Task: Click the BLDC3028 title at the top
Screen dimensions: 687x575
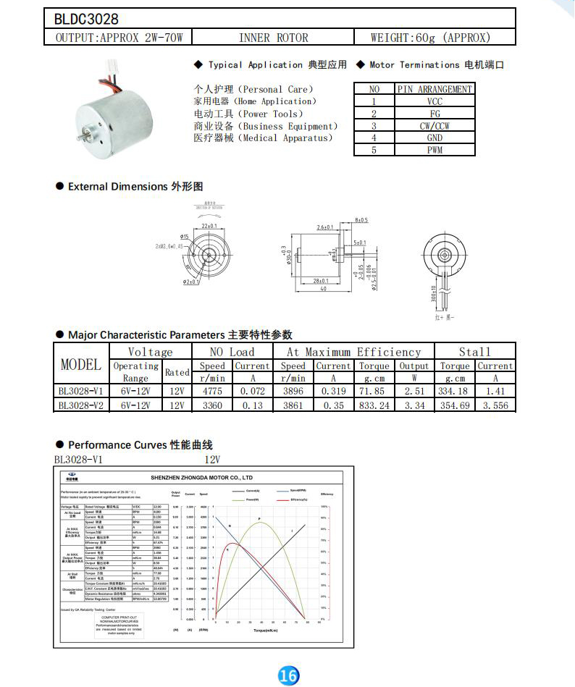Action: pos(87,19)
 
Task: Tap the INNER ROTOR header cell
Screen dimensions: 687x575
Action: pos(273,38)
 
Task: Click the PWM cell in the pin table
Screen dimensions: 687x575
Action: pos(435,150)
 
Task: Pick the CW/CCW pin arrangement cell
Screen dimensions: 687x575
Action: pos(435,125)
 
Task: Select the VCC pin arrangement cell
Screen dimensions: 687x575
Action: pos(435,101)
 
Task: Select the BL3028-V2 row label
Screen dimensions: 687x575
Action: pos(81,405)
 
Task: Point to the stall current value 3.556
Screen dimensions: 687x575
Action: pos(495,405)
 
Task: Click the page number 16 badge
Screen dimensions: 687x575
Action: pos(287,675)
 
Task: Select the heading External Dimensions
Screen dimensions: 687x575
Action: pos(117,187)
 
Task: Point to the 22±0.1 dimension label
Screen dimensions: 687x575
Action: pos(209,226)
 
